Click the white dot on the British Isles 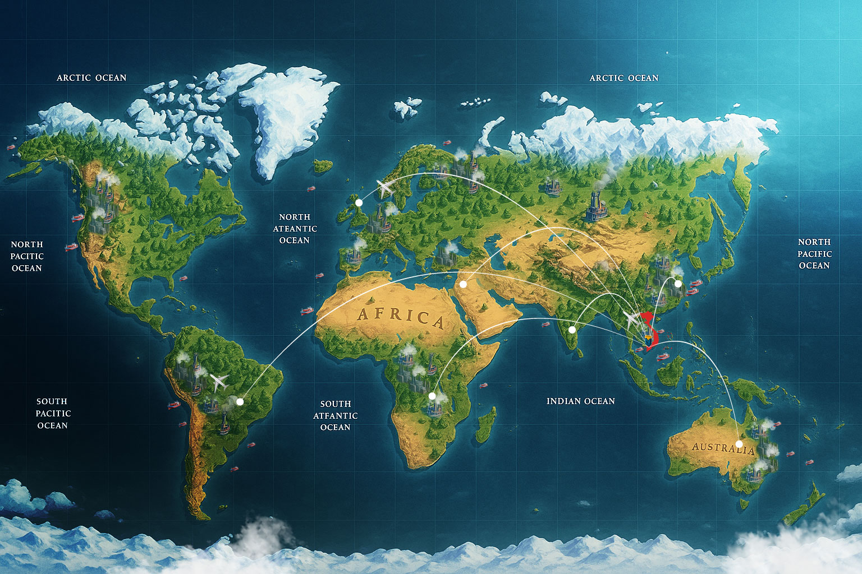click(359, 202)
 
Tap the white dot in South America click(240, 401)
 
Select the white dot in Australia click(739, 444)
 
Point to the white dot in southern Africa click(432, 396)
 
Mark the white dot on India click(572, 330)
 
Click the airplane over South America click(219, 382)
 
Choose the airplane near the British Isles click(386, 188)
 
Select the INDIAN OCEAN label click(580, 401)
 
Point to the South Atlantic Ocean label click(336, 415)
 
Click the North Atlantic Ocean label click(295, 229)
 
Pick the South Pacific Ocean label click(52, 414)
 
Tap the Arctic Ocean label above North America click(91, 78)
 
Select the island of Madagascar click(486, 425)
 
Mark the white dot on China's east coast click(678, 284)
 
